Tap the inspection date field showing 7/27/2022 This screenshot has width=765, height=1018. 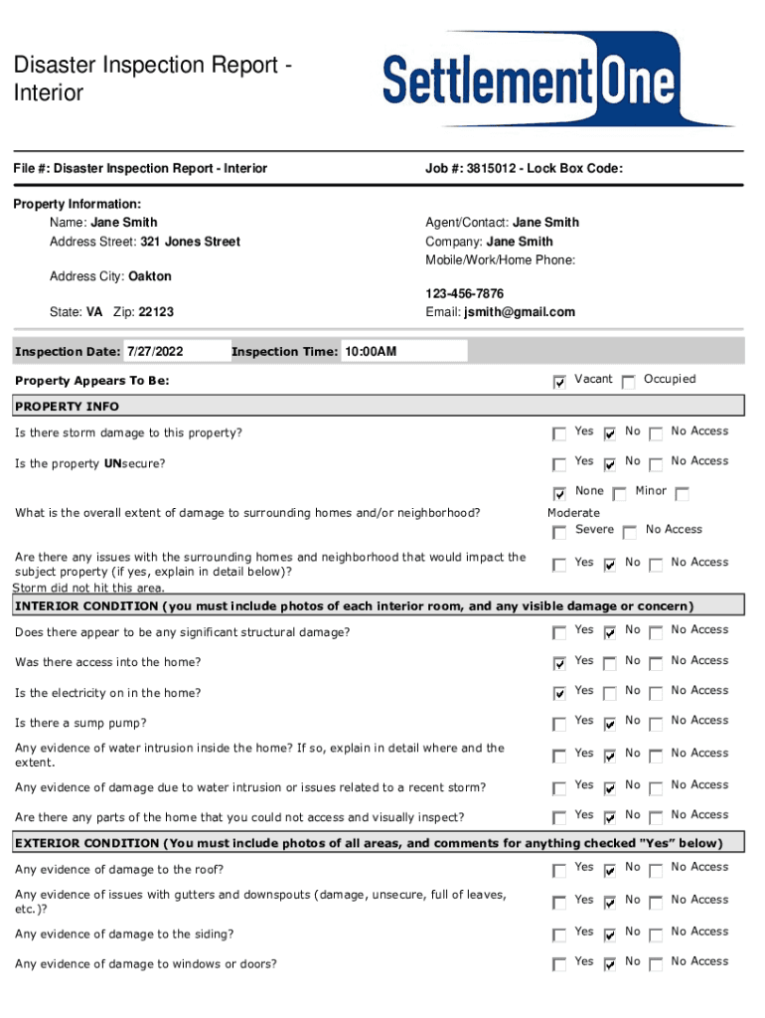click(x=161, y=352)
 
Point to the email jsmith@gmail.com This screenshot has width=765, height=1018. click(x=519, y=312)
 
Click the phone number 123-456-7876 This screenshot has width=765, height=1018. click(x=464, y=294)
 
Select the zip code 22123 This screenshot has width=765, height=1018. click(x=156, y=312)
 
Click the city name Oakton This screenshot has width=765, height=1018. click(x=150, y=276)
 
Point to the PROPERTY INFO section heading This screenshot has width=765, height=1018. click(x=68, y=407)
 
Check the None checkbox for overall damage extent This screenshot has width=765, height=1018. click(x=559, y=493)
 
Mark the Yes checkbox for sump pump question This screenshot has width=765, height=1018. click(x=559, y=723)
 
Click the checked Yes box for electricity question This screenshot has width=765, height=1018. click(x=559, y=693)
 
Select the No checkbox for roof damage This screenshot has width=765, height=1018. click(x=610, y=870)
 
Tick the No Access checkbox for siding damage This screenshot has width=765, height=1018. click(x=656, y=934)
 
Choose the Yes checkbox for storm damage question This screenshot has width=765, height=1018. click(x=559, y=433)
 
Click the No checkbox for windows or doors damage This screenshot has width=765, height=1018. click(x=610, y=963)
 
